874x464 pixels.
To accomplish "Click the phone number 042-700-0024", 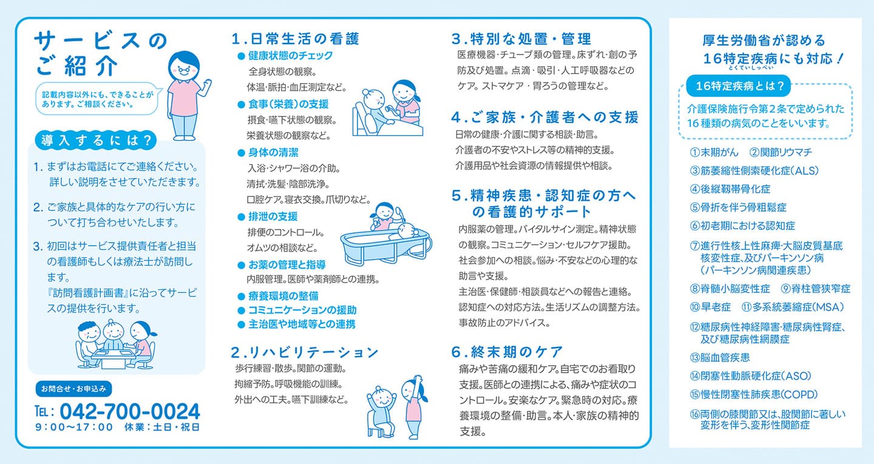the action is tap(129, 411).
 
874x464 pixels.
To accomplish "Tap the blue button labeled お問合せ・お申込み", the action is tap(74, 389).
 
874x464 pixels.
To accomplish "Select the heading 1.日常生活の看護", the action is tap(296, 39).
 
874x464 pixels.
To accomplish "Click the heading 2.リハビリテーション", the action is tap(305, 352).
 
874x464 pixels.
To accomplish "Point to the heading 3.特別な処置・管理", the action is tap(521, 39).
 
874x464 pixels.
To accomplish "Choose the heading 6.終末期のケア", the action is tap(507, 352).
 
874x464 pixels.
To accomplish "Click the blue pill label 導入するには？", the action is tap(96, 140).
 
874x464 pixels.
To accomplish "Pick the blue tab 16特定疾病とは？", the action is tap(738, 86).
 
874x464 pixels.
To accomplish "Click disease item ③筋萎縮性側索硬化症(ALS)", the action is tap(754, 171).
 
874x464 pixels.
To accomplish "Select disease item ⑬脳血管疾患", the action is tap(719, 358).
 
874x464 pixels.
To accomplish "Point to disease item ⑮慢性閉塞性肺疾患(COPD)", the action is tap(753, 394).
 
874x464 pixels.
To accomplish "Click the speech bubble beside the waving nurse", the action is tap(98, 99).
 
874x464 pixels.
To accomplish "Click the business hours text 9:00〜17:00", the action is tap(74, 428).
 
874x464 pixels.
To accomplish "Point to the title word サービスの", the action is tap(100, 41).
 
